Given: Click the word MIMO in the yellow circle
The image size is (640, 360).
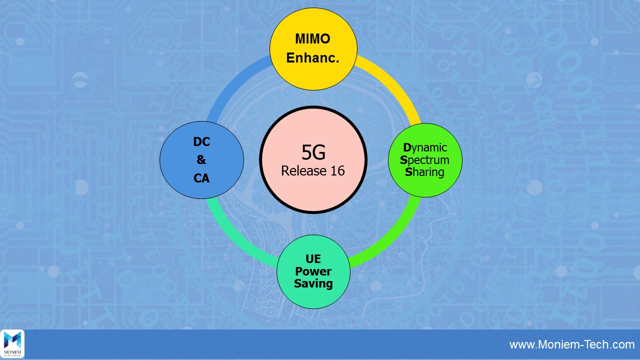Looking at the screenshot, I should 312,39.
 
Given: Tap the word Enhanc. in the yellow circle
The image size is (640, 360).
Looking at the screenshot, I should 312,58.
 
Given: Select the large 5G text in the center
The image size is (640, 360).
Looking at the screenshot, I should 313,151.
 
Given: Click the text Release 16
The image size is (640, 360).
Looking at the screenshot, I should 313,170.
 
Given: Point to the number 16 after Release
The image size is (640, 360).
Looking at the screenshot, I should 336,170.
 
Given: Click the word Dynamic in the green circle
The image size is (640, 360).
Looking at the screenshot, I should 425,147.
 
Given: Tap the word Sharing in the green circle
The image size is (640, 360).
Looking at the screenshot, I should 424,172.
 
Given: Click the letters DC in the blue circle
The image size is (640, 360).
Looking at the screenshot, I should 201,142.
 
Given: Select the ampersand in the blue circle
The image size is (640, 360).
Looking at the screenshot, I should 201,160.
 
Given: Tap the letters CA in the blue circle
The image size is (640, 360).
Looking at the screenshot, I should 201,178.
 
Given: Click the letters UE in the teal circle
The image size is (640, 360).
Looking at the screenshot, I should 313,259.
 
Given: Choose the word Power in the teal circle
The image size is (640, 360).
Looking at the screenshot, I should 313,271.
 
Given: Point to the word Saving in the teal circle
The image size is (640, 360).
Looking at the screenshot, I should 313,283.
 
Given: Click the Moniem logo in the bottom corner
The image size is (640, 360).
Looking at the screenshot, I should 12,344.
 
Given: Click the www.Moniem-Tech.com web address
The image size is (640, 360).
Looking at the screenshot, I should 572,344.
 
